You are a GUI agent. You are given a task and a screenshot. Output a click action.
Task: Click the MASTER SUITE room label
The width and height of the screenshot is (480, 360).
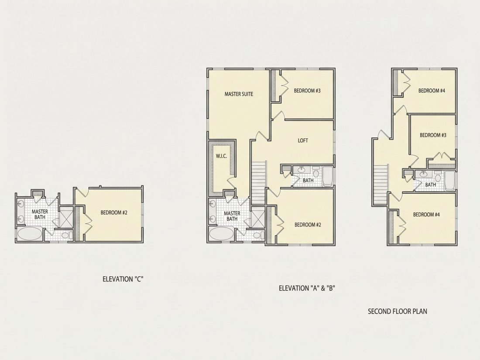239,94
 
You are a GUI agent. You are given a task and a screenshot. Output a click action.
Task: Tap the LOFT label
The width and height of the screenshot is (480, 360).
303,141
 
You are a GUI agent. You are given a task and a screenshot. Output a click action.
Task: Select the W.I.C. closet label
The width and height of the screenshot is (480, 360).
221,156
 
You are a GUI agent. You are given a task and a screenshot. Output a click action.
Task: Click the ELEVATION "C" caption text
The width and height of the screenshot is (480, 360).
123,279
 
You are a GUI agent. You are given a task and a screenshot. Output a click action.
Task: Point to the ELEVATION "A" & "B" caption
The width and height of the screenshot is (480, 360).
307,288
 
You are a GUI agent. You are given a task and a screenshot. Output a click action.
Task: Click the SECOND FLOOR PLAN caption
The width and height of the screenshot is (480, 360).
398,311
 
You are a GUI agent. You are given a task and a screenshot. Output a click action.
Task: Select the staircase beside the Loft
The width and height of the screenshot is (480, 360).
259,183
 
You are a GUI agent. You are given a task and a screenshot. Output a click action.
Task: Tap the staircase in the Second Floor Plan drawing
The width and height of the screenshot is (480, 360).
381,185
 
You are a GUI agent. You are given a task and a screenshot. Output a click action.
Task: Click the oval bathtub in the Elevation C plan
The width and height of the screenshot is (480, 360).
29,234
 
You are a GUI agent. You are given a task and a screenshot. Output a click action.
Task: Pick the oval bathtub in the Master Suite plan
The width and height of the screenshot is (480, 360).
221,234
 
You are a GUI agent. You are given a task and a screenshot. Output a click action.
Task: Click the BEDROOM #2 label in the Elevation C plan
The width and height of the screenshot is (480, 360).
114,213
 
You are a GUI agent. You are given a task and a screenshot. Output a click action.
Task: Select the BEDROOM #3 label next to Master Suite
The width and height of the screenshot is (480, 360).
307,91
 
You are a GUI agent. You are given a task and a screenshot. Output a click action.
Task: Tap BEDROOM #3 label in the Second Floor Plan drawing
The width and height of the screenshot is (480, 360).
433,135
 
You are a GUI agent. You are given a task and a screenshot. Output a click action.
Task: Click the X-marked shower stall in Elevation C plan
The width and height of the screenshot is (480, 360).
66,217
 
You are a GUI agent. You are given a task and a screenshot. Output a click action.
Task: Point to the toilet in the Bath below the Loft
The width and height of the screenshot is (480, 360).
316,172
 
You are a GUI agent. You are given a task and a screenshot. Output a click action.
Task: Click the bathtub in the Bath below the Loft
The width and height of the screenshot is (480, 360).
327,176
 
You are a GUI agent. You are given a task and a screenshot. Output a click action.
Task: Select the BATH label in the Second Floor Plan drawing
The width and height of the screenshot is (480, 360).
430,185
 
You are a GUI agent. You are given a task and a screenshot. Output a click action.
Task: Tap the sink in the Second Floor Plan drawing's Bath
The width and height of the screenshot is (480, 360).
423,175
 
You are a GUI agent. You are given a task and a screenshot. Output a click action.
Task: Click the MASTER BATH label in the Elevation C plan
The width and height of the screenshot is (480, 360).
40,214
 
